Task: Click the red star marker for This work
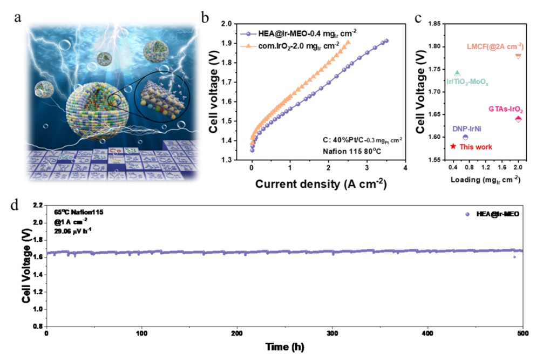[453, 146]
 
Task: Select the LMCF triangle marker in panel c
[518, 56]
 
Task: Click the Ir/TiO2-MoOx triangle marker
[457, 73]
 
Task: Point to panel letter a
[18, 17]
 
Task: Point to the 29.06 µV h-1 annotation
[74, 230]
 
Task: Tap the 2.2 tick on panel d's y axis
[37, 206]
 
